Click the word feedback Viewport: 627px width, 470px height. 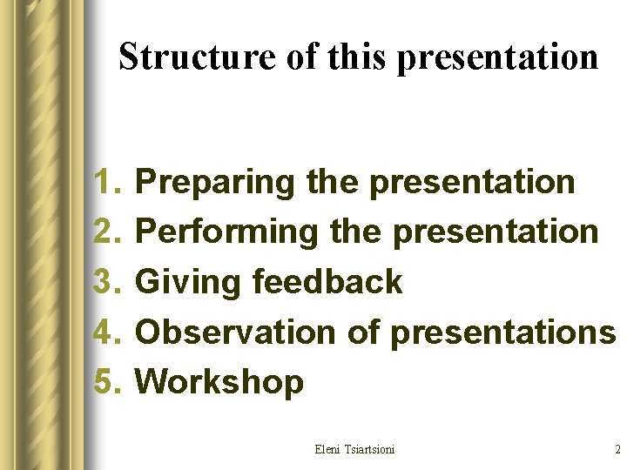[x=327, y=282]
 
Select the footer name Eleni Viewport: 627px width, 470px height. [x=328, y=449]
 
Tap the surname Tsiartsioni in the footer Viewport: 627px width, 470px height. [x=370, y=449]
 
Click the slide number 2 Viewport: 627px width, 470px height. [x=617, y=449]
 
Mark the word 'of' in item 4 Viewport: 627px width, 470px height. [x=364, y=332]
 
